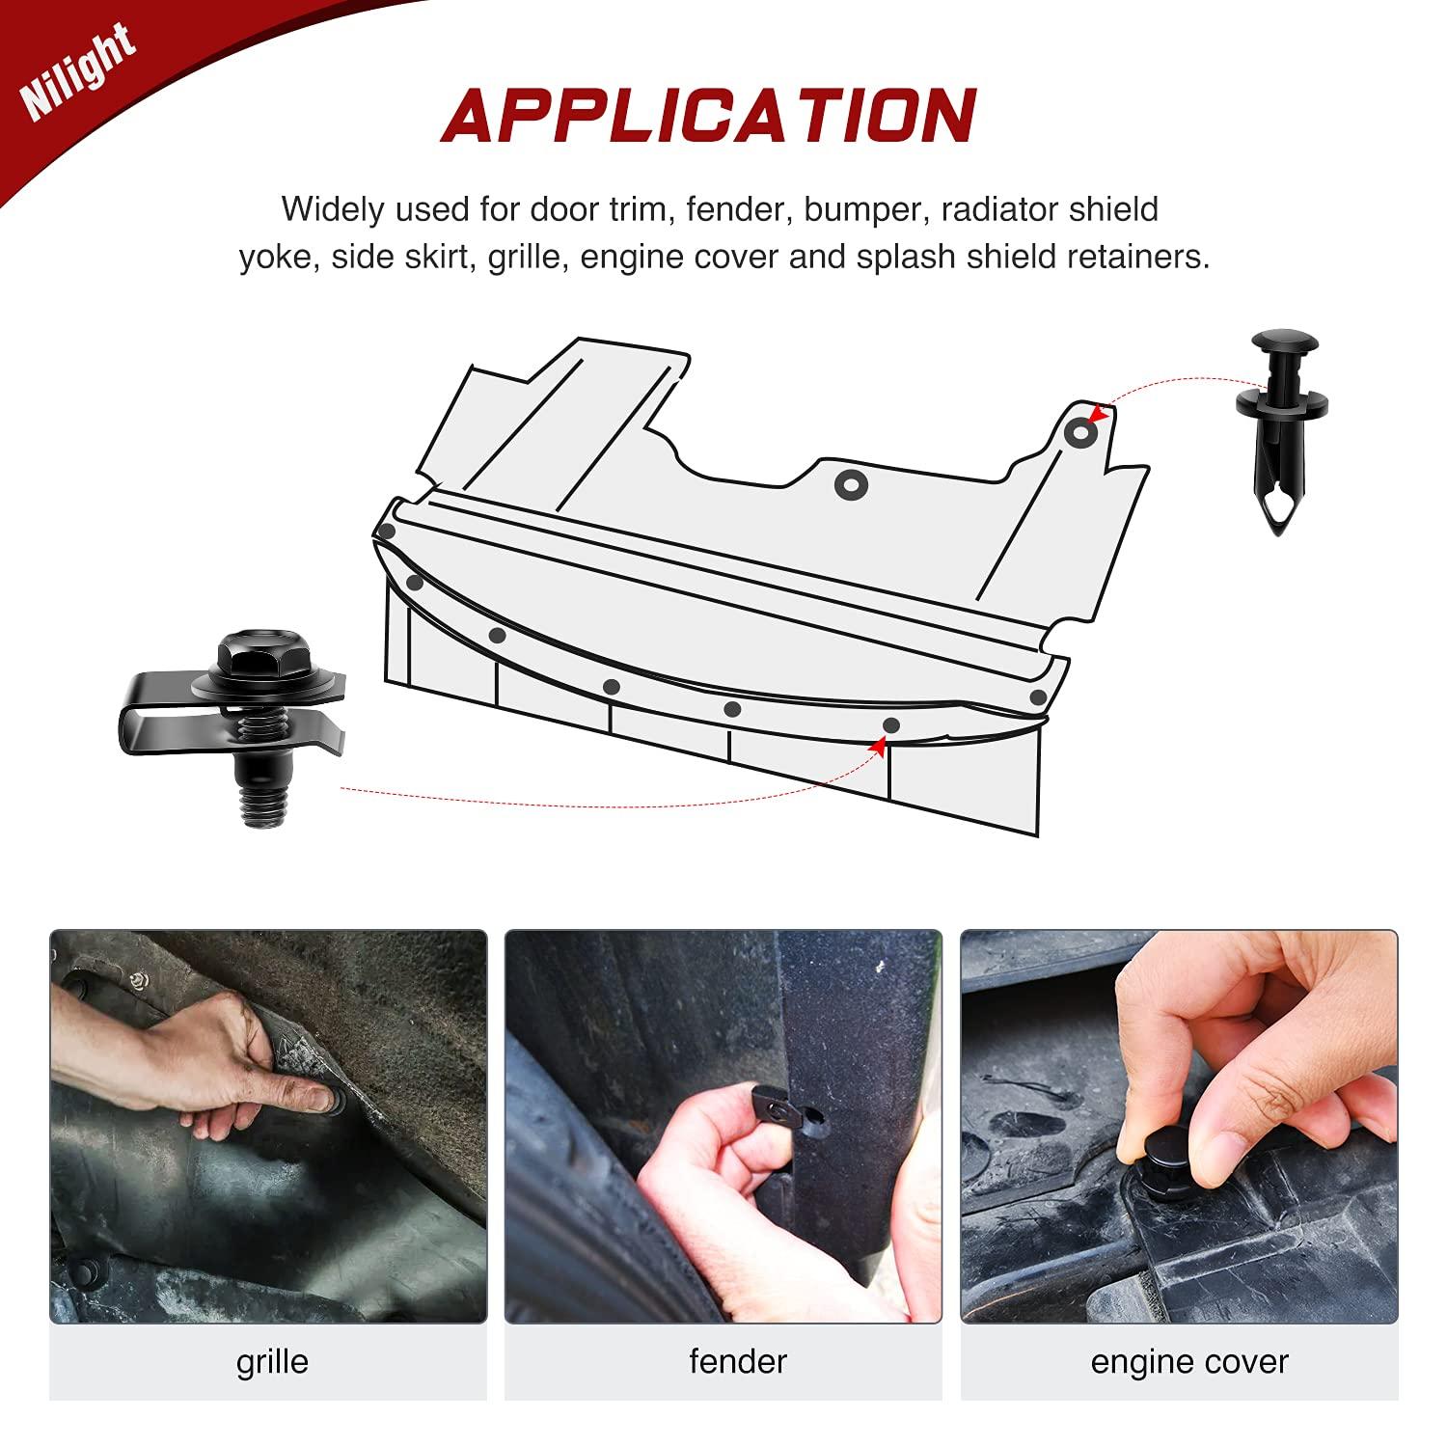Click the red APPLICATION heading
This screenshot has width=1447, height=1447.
709,116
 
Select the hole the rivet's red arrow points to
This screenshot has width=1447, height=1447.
1079,434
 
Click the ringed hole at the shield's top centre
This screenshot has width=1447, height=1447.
849,484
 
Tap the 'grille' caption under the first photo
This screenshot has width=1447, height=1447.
272,1361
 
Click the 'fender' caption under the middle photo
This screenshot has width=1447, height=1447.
738,1361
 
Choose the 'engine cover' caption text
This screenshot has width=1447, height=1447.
1189,1362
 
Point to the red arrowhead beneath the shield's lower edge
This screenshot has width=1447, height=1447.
878,745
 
